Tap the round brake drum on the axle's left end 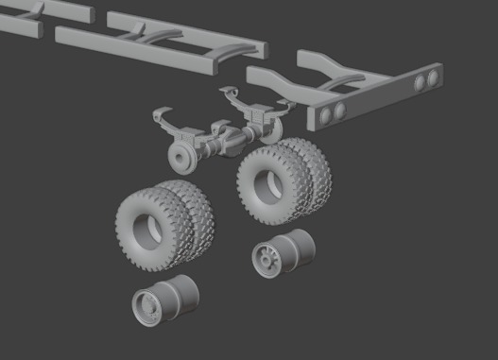[x=179, y=157]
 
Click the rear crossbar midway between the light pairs [x=378, y=97]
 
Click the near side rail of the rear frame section [x=283, y=85]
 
